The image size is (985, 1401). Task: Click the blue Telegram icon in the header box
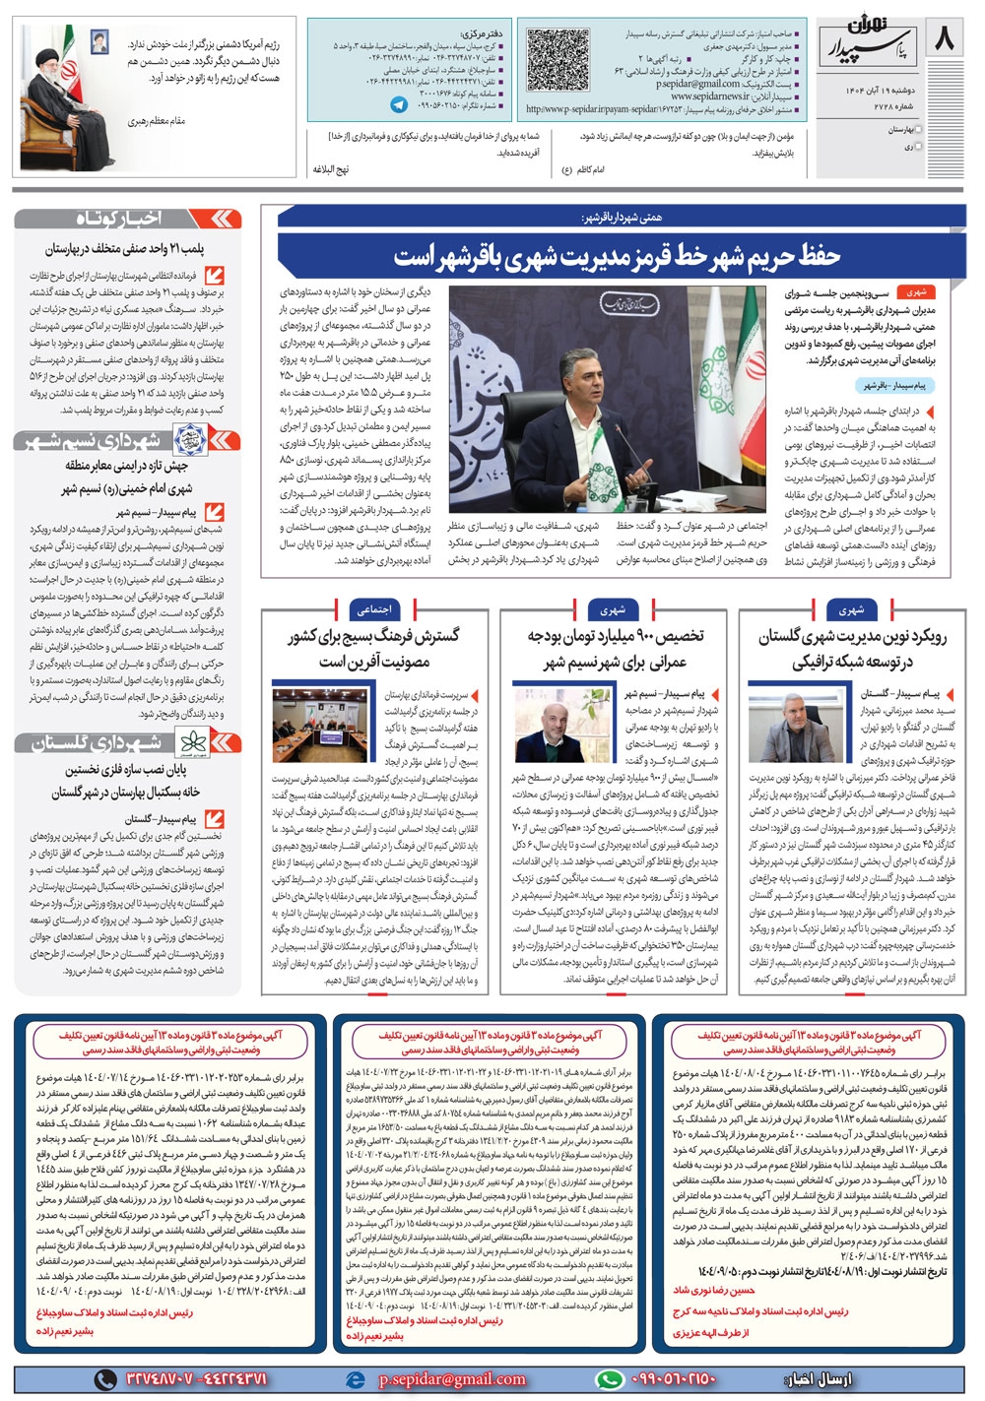[398, 104]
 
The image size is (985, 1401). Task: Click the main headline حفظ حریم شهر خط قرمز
[618, 257]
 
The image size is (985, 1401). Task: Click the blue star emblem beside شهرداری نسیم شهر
[186, 440]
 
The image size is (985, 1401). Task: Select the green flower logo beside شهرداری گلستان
[188, 743]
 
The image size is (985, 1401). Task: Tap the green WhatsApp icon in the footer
[612, 1379]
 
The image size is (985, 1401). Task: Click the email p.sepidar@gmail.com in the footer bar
[451, 1379]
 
